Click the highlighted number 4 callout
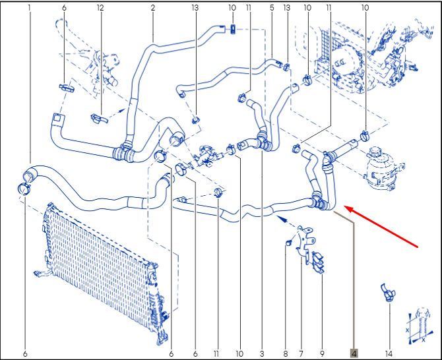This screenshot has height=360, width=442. pyautogui.click(x=354, y=353)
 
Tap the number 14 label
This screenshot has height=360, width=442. pyautogui.click(x=389, y=353)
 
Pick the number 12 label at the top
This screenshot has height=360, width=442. pyautogui.click(x=100, y=8)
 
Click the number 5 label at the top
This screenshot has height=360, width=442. pyautogui.click(x=272, y=8)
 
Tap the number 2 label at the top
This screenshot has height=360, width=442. pyautogui.click(x=153, y=8)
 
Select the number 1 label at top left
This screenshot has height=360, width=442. pyautogui.click(x=29, y=8)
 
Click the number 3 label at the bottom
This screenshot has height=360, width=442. pyautogui.click(x=262, y=353)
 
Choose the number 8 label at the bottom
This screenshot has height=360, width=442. pyautogui.click(x=286, y=353)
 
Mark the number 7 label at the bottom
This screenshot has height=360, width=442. pyautogui.click(x=301, y=353)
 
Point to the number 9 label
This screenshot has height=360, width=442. pyautogui.click(x=322, y=353)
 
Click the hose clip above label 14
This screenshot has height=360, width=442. pyautogui.click(x=388, y=292)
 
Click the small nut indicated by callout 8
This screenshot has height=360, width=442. pyautogui.click(x=288, y=242)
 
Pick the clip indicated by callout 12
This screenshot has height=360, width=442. pyautogui.click(x=99, y=118)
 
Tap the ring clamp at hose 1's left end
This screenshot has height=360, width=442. pyautogui.click(x=24, y=188)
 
